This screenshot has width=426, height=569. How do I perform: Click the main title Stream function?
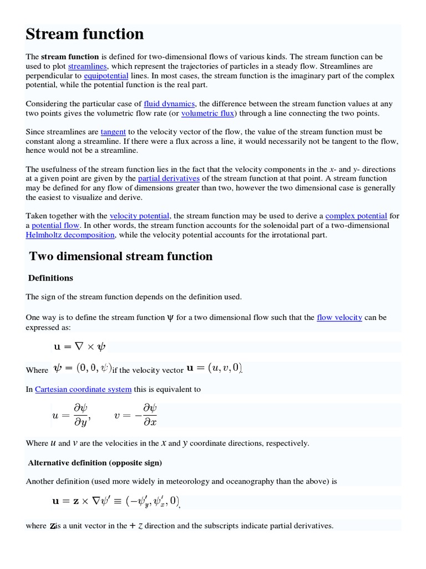click(85, 34)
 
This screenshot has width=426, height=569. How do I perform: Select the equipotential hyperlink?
click(106, 76)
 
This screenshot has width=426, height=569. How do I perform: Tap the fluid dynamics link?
click(169, 104)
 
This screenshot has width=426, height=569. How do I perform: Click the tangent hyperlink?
click(113, 132)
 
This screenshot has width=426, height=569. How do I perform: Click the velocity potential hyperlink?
click(139, 216)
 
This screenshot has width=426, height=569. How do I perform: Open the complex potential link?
click(356, 216)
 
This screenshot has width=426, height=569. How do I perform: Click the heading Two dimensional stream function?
click(120, 256)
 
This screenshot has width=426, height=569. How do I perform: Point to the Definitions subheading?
click(50, 278)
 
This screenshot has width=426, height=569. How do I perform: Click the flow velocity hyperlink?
click(339, 318)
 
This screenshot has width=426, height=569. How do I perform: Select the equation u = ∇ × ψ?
click(79, 347)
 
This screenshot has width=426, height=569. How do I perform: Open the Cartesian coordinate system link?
click(83, 390)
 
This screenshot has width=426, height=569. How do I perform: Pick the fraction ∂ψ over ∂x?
click(150, 416)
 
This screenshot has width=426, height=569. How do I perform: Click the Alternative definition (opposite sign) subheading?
click(95, 462)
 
